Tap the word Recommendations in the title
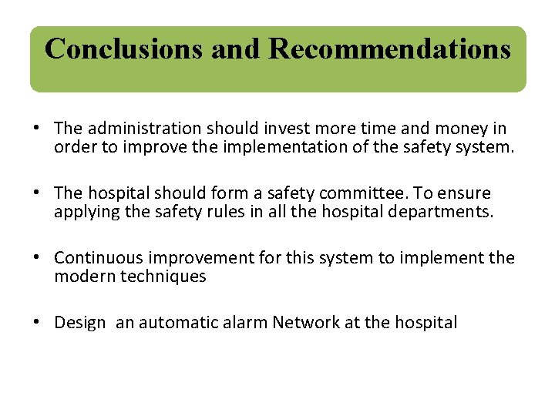389,49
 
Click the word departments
440,212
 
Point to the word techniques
163,276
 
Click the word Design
79,323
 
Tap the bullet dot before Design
37,322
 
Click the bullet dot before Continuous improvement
37,257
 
